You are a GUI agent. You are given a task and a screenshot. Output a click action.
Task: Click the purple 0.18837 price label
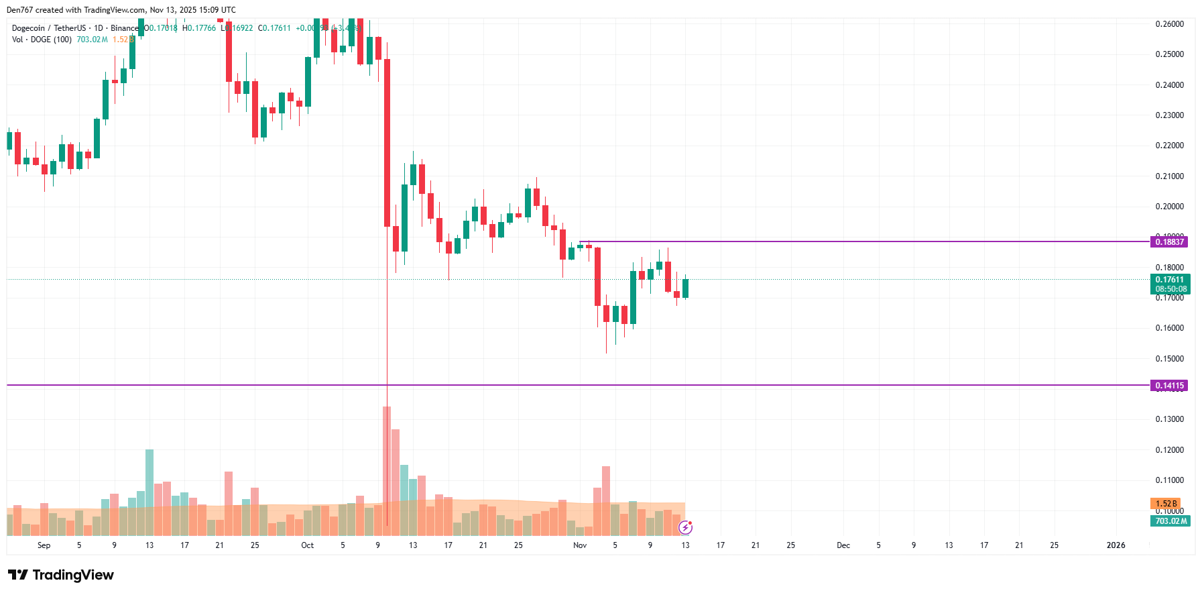1169,242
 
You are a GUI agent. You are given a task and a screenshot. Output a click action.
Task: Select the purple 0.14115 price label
1169,386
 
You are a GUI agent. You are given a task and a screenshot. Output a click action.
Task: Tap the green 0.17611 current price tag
1170,280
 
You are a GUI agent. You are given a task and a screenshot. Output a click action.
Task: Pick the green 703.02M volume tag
1170,521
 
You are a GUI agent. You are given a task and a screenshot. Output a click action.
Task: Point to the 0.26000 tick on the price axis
1169,24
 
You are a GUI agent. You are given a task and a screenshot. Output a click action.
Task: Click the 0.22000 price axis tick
1169,146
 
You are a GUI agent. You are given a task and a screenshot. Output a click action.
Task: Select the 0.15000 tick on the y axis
1169,359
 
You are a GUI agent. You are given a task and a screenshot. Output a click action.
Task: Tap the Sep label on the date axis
44,545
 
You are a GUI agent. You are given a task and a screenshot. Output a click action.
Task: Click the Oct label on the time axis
307,545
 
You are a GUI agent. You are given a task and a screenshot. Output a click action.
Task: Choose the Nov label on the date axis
580,545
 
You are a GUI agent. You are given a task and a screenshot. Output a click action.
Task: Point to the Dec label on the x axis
843,545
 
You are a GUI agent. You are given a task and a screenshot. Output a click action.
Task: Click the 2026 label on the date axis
1116,545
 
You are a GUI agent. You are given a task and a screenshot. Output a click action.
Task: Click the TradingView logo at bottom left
61,575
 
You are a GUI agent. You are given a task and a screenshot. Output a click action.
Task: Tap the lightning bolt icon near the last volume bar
685,528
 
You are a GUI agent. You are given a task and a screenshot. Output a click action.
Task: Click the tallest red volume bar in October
387,470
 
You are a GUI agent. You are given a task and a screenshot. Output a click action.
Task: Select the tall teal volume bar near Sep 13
149,492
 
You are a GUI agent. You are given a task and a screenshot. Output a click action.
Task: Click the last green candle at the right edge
685,288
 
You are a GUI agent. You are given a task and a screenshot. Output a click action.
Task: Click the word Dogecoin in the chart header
28,28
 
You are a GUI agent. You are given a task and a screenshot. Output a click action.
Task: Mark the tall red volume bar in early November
606,500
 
